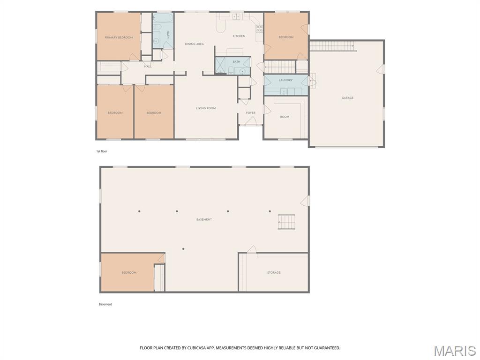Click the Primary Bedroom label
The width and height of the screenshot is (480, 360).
pos(119,37)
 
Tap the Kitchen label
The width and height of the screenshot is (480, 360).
pos(239,36)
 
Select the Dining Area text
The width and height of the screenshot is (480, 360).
pos(195,44)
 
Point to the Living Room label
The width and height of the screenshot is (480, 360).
pos(206,108)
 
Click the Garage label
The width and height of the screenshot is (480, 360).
pos(347,98)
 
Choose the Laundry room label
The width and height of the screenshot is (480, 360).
pos(285,80)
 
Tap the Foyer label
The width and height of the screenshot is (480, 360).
pos(251,113)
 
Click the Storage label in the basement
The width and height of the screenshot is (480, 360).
pos(274,272)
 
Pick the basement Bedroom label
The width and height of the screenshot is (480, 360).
pos(129,272)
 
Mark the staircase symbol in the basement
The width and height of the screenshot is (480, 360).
pos(286,222)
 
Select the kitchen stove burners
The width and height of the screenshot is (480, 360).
pos(259,29)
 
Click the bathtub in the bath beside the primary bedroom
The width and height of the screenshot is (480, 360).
pos(163,18)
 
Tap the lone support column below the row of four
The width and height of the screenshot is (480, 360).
pos(183,249)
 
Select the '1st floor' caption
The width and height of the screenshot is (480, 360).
pos(102,151)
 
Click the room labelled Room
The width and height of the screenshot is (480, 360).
pos(285,117)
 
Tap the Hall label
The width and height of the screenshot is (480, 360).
pos(148,67)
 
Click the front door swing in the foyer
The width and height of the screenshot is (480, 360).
pos(251,121)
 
